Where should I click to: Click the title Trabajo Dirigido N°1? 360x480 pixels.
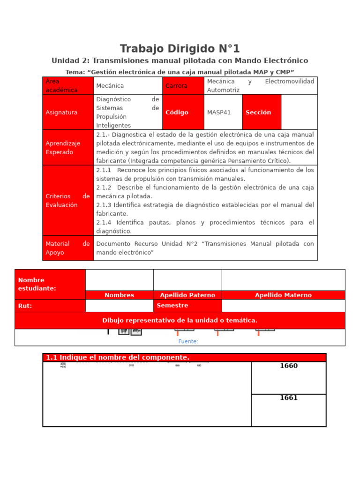pos(180,49)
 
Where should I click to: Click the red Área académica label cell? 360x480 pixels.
pos(68,86)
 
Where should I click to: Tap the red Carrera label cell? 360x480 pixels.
pos(183,86)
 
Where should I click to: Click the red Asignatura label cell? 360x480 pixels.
pos(68,112)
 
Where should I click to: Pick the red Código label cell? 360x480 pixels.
pos(183,112)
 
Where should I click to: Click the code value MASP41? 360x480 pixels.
pos(219,112)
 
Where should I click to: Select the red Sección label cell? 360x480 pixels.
pos(261,112)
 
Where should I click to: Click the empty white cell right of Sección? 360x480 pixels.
pos(299,112)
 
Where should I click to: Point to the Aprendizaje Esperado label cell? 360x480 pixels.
pos(68,148)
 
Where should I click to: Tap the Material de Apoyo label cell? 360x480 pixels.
pos(68,248)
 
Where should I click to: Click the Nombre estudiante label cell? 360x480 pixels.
pos(50,284)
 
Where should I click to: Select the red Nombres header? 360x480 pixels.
pos(119,295)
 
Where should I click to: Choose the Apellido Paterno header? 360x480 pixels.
pos(187,295)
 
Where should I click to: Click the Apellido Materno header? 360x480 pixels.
pos(283,295)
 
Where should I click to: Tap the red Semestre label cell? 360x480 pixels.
pos(187,306)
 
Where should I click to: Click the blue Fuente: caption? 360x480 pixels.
pos(188,341)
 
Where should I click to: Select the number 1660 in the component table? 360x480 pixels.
pos(289,366)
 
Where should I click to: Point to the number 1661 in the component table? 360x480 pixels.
pos(289,398)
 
